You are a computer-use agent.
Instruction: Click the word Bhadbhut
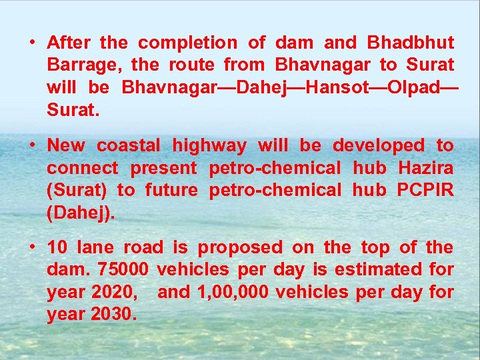point(410,43)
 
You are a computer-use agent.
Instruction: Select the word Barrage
point(83,65)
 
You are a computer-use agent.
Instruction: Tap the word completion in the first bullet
point(187,43)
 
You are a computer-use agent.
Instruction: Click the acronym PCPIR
point(425,190)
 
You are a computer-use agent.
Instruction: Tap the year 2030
point(113,314)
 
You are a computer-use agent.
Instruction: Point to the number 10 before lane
point(57,248)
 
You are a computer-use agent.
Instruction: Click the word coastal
point(129,146)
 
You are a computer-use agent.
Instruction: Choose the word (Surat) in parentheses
point(77,190)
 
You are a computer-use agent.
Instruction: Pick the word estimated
point(378,270)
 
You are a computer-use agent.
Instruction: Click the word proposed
point(240,248)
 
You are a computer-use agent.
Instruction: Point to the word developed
point(378,146)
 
